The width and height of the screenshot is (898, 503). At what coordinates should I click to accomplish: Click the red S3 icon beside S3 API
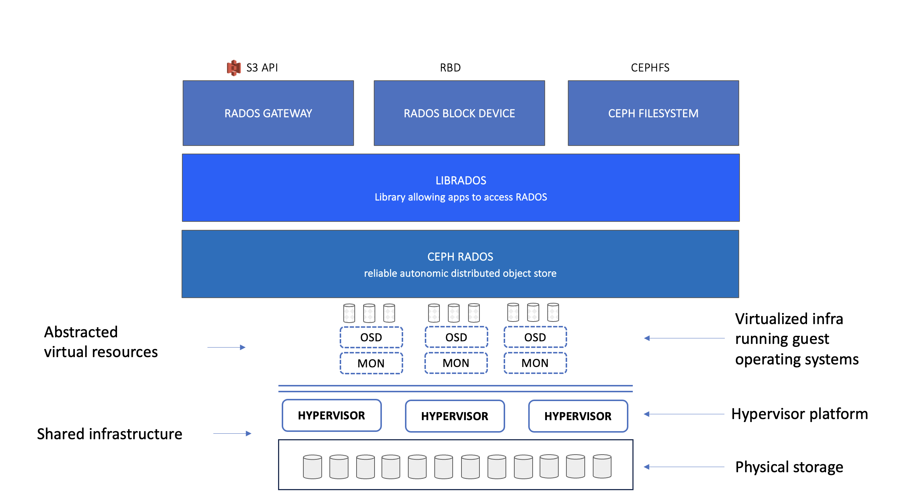pos(234,68)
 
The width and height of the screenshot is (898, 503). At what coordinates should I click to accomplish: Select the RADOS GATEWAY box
pos(268,113)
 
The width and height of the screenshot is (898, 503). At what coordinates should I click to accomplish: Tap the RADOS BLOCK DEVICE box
pos(459,113)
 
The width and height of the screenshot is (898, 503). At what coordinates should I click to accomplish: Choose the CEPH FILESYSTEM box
pos(653,113)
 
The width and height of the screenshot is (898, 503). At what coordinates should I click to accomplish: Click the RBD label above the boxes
pos(450,68)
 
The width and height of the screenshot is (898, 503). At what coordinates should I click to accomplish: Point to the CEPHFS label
pos(650,68)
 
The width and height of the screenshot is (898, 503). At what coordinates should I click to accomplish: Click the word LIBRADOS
pos(461,180)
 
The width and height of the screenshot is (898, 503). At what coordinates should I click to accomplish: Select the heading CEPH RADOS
pos(460,257)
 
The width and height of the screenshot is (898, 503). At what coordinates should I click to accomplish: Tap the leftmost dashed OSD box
pos(371,337)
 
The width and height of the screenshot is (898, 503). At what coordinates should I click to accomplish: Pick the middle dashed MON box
pos(456,363)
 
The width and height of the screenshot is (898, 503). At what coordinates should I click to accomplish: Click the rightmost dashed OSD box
pos(535,337)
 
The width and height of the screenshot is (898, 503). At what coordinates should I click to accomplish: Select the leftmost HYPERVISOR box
pos(332,415)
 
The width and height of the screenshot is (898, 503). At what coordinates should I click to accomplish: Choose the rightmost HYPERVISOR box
pos(578,416)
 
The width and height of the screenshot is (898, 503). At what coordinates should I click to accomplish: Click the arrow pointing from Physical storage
pos(684,467)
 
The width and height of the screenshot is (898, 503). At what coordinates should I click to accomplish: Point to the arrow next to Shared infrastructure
pos(232,433)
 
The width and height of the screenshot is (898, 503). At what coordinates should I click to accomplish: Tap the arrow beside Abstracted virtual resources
pos(226,347)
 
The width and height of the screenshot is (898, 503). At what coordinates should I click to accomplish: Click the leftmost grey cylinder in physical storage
pos(313,467)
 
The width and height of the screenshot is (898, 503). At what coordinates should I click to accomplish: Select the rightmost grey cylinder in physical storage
pos(602,466)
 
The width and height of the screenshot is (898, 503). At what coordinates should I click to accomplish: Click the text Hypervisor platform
pos(799,414)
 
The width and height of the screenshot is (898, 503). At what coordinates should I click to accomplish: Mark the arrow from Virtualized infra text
pos(684,338)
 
